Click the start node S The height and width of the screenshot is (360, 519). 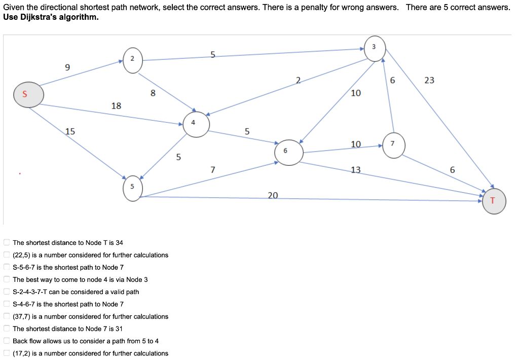[x=28, y=95]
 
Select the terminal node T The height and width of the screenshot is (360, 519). [x=494, y=201]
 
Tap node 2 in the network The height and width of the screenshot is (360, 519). [x=132, y=60]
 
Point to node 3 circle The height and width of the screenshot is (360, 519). [x=375, y=49]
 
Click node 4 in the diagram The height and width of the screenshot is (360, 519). [x=196, y=125]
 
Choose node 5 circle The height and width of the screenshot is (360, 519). [x=132, y=188]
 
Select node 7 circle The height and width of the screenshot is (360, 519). [x=393, y=144]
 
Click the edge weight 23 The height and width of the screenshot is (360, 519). [x=429, y=80]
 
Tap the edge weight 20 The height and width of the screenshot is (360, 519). [x=273, y=195]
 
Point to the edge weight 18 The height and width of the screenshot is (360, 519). [x=116, y=105]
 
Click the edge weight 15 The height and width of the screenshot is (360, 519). [x=70, y=131]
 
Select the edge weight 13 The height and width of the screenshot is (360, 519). [x=356, y=170]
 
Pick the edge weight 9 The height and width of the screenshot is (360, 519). [x=67, y=67]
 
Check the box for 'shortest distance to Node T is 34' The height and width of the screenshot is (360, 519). [x=7, y=242]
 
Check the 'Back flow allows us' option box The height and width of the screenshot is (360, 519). [x=7, y=341]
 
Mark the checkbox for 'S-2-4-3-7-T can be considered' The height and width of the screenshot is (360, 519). [x=7, y=292]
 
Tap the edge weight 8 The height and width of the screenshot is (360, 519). [x=153, y=93]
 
